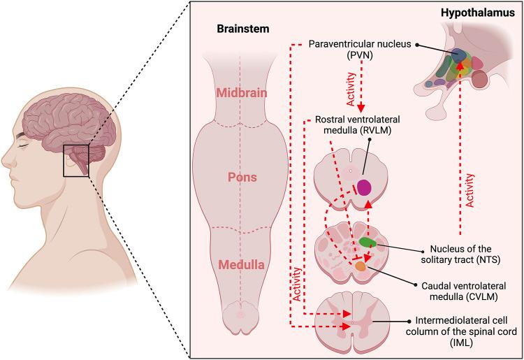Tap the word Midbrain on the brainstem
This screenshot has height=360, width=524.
240,94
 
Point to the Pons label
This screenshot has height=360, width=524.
240,178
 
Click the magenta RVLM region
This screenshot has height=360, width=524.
365,187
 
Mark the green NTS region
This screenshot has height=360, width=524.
367,243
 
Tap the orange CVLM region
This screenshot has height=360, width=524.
361,266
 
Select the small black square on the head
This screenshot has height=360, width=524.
75,160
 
